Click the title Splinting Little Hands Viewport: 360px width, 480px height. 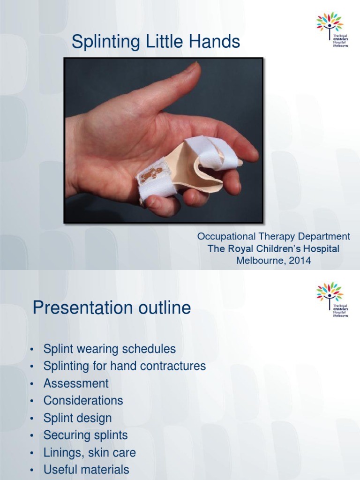click(156, 43)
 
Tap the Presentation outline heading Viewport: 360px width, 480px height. click(112, 308)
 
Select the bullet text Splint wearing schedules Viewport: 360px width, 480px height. click(109, 349)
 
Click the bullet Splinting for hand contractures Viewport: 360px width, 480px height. click(124, 366)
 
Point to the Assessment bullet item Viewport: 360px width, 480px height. click(76, 383)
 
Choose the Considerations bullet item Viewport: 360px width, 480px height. click(83, 401)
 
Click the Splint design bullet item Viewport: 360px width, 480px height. click(77, 418)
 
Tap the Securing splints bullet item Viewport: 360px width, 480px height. click(85, 435)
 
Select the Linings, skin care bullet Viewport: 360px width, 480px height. click(90, 453)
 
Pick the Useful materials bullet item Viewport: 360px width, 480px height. click(86, 470)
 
